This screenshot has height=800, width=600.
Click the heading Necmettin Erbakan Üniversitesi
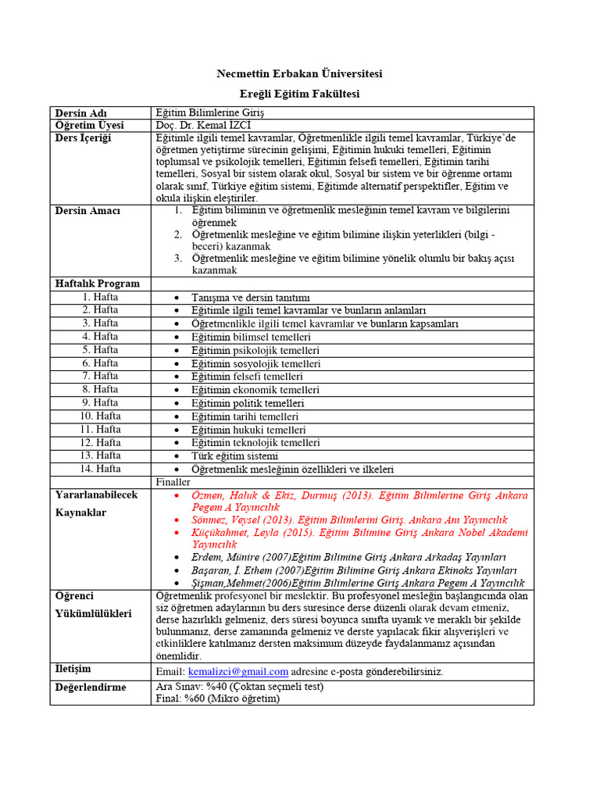pos(299,74)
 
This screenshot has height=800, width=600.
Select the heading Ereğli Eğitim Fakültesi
pos(299,94)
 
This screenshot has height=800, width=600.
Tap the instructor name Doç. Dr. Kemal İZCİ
pos(204,126)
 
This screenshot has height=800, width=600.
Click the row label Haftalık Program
pos(98,284)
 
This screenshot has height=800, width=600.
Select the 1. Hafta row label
pos(100,297)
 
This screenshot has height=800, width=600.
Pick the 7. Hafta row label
pos(100,376)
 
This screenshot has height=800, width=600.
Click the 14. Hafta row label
pos(100,469)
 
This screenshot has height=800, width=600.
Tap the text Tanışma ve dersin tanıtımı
pos(251,298)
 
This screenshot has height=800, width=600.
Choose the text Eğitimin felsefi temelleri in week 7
pos(247,377)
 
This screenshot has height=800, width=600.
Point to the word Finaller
pos(173,482)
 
